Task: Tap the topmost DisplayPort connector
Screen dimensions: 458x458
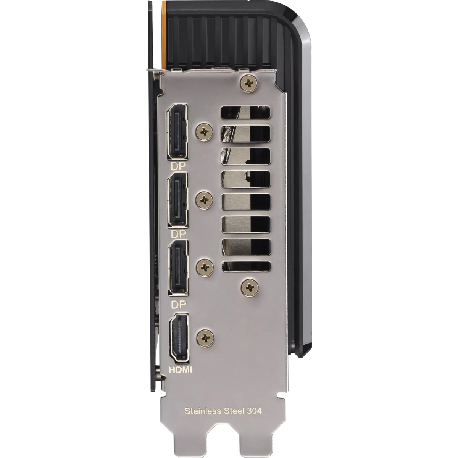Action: pyautogui.click(x=177, y=131)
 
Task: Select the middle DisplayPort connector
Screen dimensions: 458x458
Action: pyautogui.click(x=178, y=199)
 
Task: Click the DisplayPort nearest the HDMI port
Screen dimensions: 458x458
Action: pyautogui.click(x=179, y=268)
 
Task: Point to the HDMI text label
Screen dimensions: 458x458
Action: pyautogui.click(x=180, y=376)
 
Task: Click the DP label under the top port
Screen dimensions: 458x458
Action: pyautogui.click(x=178, y=166)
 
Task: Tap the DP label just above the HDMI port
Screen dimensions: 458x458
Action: pyautogui.click(x=179, y=305)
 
